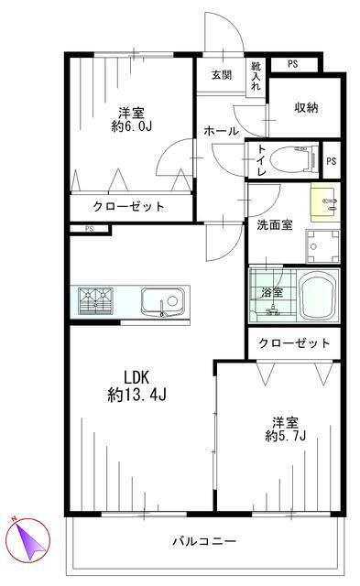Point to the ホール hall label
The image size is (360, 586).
221,132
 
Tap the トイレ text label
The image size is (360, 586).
261,161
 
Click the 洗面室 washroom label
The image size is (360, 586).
274,225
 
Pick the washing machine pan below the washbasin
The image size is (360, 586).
322,245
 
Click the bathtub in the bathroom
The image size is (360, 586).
315,295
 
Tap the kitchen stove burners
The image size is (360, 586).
96,300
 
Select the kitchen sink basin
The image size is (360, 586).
162,300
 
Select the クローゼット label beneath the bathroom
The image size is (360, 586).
293,343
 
